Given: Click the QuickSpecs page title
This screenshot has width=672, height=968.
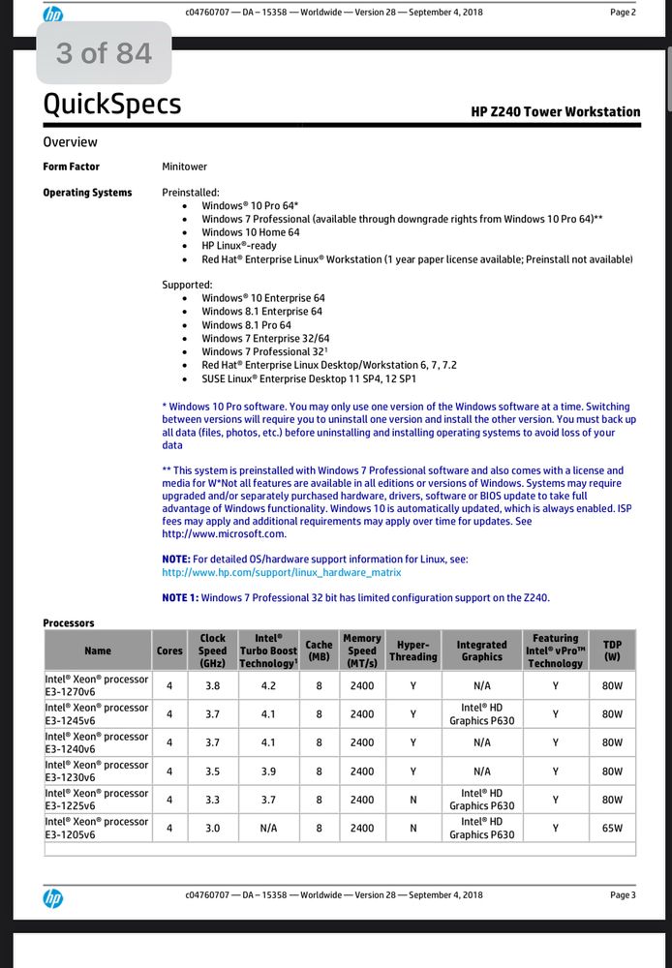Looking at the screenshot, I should [x=111, y=104].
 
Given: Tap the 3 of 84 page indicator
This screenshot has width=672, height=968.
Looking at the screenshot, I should [x=105, y=53].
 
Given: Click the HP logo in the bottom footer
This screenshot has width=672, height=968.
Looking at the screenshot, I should [x=53, y=898].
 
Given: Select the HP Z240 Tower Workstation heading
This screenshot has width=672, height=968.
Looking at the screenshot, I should [x=556, y=111].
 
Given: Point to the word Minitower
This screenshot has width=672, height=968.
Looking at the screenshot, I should [x=184, y=166].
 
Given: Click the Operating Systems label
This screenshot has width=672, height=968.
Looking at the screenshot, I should [x=87, y=193].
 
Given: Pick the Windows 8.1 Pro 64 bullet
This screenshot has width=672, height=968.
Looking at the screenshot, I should [x=246, y=325].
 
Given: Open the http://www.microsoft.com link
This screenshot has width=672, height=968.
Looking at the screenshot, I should [x=224, y=533].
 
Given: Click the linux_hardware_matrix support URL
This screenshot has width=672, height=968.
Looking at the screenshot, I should [x=281, y=572].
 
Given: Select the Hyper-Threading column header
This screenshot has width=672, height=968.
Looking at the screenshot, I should [x=413, y=650].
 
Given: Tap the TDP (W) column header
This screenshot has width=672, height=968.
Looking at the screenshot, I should [x=612, y=650].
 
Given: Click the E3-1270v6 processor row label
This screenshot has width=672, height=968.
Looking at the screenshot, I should [x=97, y=685].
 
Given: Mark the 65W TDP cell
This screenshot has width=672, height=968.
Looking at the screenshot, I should [x=612, y=828].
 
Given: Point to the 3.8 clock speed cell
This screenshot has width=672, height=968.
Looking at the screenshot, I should [x=213, y=686].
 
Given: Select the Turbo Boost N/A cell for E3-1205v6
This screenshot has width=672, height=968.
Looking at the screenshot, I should [x=268, y=828].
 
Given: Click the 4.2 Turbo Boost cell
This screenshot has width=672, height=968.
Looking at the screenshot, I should [x=268, y=686].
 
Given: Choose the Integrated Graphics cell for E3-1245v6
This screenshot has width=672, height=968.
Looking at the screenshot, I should [x=481, y=714].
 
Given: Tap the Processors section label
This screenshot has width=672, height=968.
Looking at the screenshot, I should [x=69, y=622].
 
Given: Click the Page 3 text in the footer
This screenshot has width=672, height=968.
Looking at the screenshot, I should [x=623, y=895].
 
